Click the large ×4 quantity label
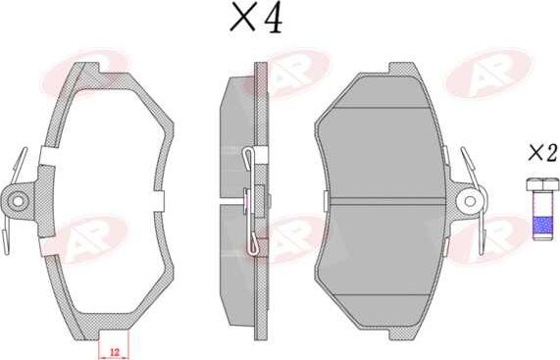(x=256, y=18)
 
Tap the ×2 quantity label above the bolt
(x=542, y=153)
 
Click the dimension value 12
(x=115, y=352)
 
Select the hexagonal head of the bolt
(x=542, y=184)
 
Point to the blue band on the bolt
(x=542, y=225)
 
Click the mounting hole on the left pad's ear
(x=18, y=201)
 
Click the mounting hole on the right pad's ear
(x=470, y=201)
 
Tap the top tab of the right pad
(x=402, y=69)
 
